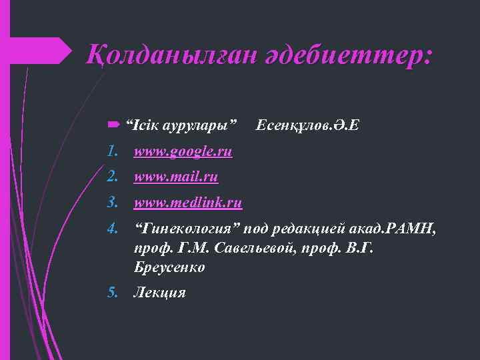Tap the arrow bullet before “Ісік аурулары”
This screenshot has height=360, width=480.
[x=112, y=124]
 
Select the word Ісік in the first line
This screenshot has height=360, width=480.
[x=140, y=125]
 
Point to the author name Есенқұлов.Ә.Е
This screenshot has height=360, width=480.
[x=307, y=125]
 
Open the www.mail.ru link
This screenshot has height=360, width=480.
[x=175, y=177]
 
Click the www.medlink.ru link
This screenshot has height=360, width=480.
[x=188, y=202]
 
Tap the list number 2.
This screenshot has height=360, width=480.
[x=113, y=177]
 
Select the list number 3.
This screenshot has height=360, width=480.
[x=113, y=202]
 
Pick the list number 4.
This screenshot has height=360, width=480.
[x=113, y=229]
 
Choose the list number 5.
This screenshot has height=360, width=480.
[x=113, y=292]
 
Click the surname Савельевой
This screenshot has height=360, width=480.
[x=234, y=248]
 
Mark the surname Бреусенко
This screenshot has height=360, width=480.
[x=169, y=267]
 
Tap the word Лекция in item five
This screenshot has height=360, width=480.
[x=159, y=292]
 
